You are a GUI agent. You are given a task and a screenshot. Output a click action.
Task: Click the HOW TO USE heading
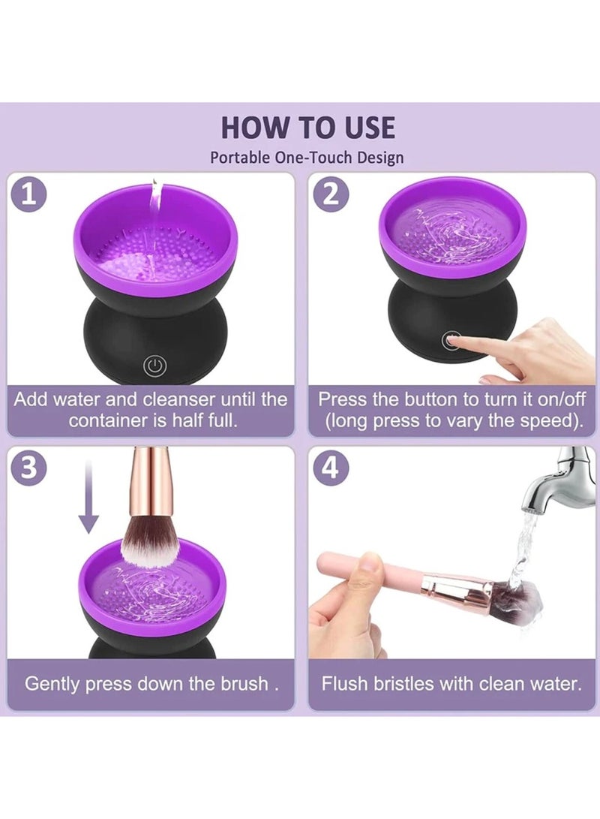308,128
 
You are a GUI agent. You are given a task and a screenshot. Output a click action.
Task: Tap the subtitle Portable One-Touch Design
307,157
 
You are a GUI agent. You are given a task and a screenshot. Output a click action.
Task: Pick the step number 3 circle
28,468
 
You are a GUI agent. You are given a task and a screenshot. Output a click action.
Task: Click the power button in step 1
154,366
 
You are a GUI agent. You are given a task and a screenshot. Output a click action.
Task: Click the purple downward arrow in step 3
88,498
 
